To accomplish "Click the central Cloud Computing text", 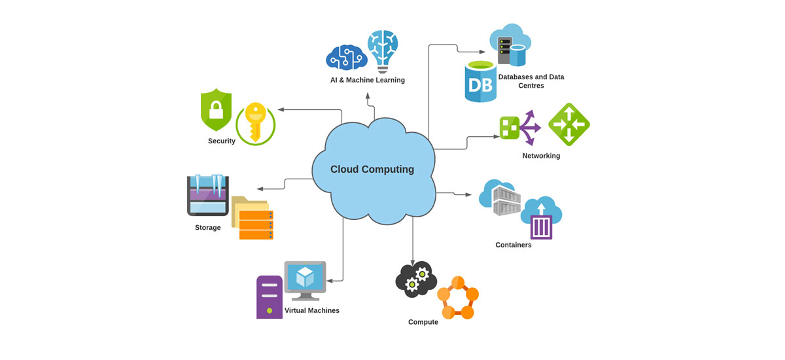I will pyautogui.click(x=372, y=170).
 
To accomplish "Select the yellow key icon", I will pyautogui.click(x=253, y=122).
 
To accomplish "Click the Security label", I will pyautogui.click(x=222, y=141).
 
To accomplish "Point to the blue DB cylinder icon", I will pyautogui.click(x=481, y=82).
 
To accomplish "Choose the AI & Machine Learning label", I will pyautogui.click(x=367, y=81).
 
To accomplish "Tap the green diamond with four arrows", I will pyautogui.click(x=568, y=124).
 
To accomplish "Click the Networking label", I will pyautogui.click(x=541, y=156).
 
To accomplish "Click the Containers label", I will pyautogui.click(x=514, y=245).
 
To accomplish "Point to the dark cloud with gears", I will pyautogui.click(x=415, y=279).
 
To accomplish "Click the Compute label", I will pyautogui.click(x=423, y=322).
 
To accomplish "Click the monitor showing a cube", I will pyautogui.click(x=305, y=279).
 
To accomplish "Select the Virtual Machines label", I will pyautogui.click(x=312, y=310).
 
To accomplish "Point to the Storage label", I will pyautogui.click(x=208, y=228).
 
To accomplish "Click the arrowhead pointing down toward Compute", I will pyautogui.click(x=413, y=260).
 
